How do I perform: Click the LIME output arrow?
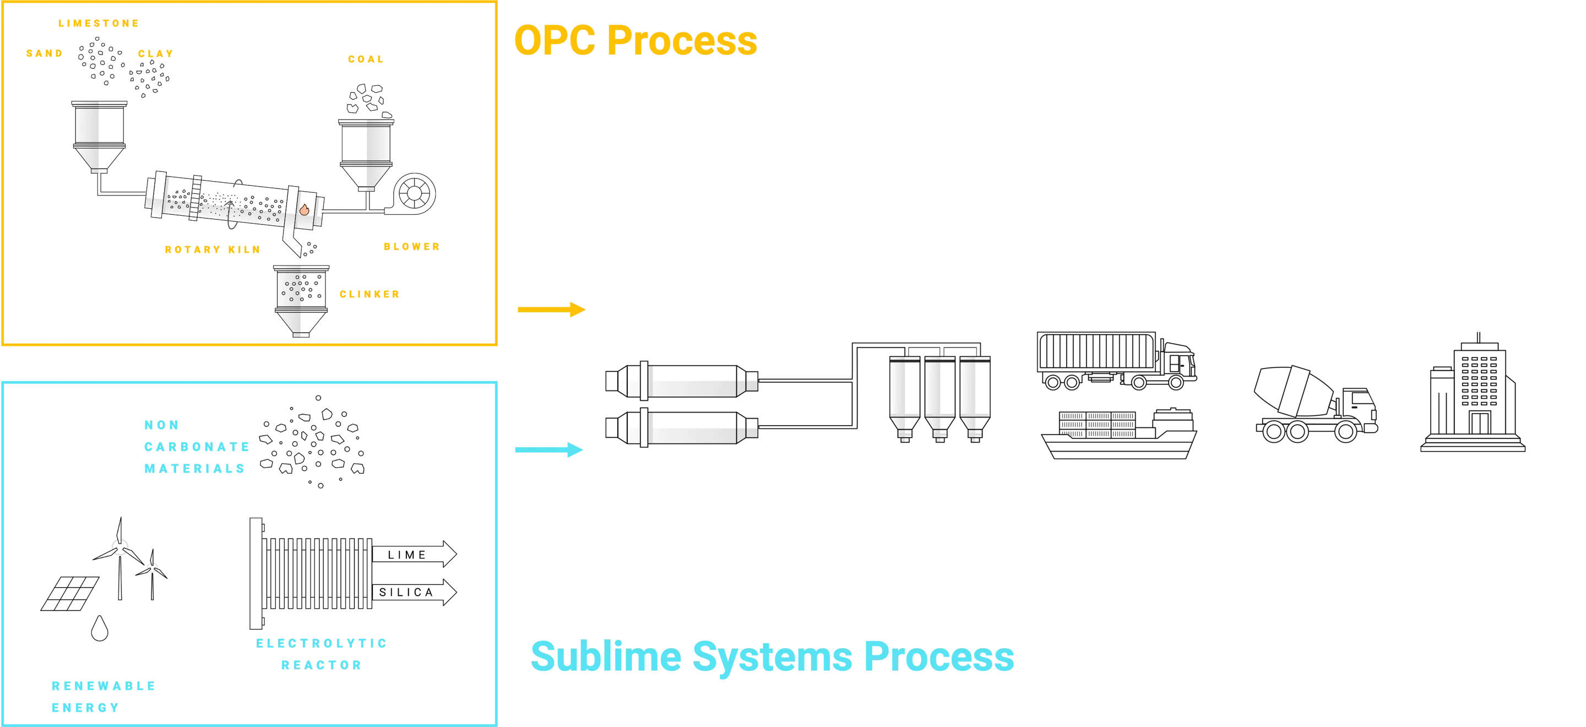(x=414, y=555)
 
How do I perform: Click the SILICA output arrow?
(x=414, y=592)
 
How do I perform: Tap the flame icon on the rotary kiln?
(x=303, y=209)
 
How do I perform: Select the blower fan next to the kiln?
(x=412, y=194)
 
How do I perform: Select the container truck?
(x=1116, y=360)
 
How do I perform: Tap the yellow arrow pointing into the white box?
(x=551, y=310)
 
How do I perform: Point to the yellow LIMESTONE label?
(x=99, y=24)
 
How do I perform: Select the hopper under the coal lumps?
(x=367, y=154)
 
